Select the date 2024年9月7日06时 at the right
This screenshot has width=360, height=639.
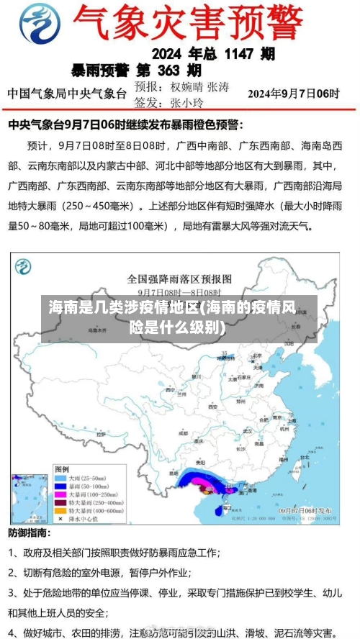coord(294,94)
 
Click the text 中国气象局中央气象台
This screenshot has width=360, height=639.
coord(66,94)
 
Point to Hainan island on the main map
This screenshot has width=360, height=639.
coord(218,509)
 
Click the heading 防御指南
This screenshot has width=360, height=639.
coord(29,533)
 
